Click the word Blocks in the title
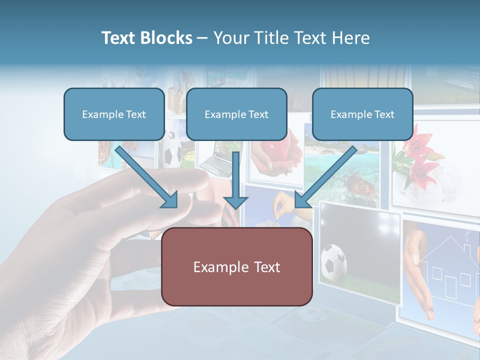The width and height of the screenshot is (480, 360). (167, 38)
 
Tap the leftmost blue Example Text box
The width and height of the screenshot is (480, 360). (114, 114)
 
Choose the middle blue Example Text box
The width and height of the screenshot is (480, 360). (236, 114)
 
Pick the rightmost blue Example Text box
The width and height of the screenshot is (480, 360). (362, 114)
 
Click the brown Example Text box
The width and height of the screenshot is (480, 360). (236, 266)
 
